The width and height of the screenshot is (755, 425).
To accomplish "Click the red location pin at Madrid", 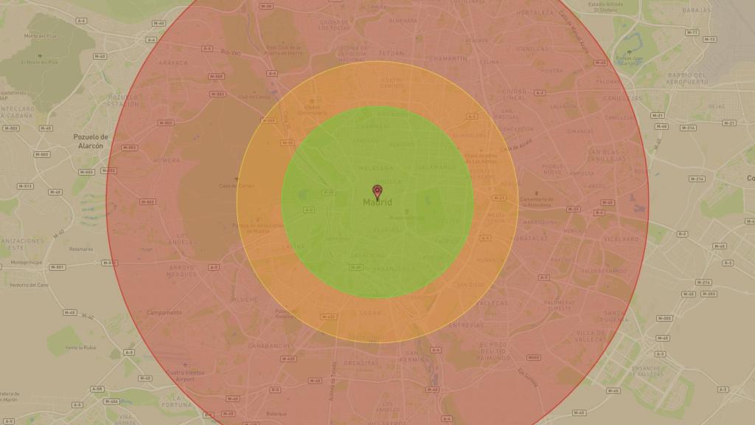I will (x=377, y=192).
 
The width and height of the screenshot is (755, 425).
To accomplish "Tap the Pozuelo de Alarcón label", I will (x=90, y=141).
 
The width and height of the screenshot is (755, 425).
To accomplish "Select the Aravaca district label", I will (x=173, y=63).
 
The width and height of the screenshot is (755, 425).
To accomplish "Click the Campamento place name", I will (x=164, y=312).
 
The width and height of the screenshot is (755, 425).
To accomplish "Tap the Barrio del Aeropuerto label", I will (x=686, y=78).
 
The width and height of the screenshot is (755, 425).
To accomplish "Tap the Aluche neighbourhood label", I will (x=246, y=300).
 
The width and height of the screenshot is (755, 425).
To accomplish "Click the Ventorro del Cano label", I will (x=29, y=285).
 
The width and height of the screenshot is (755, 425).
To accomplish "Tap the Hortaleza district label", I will (x=535, y=13).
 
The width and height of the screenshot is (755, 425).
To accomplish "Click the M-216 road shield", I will (x=687, y=128).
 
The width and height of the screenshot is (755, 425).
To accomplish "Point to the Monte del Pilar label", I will (x=41, y=35).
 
